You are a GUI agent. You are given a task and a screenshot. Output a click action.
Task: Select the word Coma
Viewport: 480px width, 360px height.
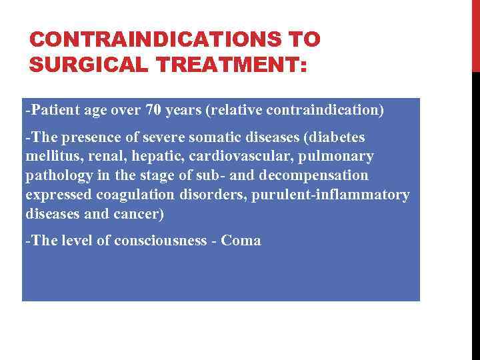(x=241, y=241)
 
